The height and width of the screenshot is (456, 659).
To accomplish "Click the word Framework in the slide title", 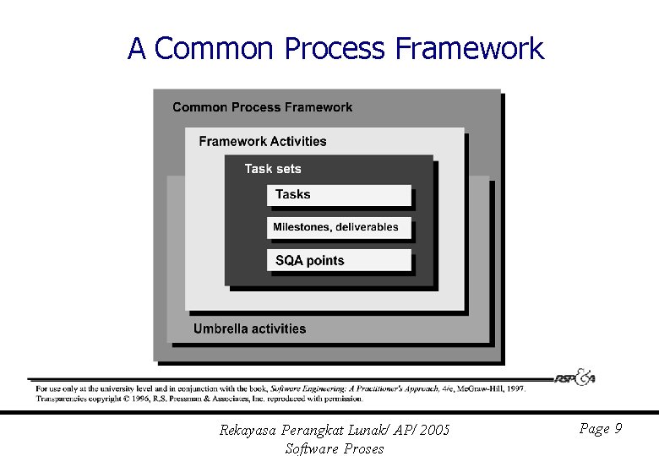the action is (469, 48).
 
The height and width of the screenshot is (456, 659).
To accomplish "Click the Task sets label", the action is (272, 169).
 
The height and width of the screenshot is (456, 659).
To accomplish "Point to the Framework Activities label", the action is (263, 141).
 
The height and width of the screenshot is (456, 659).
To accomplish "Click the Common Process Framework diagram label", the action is (263, 107).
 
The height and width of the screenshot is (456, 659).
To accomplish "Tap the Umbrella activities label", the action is (250, 328).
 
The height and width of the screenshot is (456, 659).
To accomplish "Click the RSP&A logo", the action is (575, 377).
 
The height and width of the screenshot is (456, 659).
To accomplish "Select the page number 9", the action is (618, 429).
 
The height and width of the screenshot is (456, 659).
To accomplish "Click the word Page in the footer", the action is (594, 429).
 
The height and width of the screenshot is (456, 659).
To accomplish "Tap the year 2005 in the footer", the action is (434, 431).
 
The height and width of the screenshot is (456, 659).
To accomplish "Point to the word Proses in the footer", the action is (364, 448).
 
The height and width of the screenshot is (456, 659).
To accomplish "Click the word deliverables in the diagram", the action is (366, 227).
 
